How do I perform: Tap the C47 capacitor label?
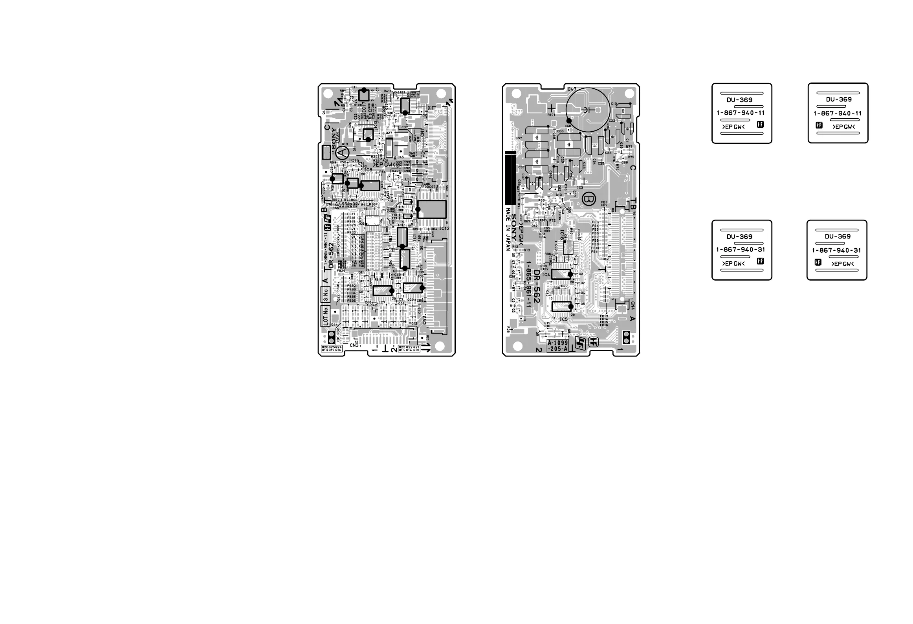point(572,89)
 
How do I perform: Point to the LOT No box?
point(325,316)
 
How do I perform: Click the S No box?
point(325,295)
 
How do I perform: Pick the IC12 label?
point(444,228)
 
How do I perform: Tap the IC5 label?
point(563,319)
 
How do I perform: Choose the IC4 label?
point(546,275)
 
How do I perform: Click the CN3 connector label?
point(354,345)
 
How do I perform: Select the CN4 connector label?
point(632,305)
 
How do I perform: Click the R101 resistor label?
point(551,115)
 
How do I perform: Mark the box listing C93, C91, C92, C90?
point(407,166)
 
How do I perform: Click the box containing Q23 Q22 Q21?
point(409,349)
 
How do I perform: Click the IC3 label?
point(580,187)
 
